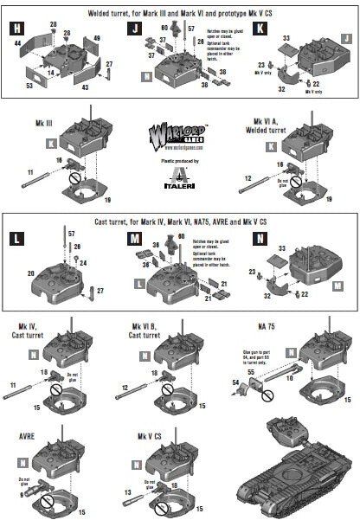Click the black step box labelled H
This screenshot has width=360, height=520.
pyautogui.click(x=16, y=29)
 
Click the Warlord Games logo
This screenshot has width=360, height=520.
pyautogui.click(x=179, y=138)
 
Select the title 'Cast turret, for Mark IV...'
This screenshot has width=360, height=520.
pyautogui.click(x=179, y=221)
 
